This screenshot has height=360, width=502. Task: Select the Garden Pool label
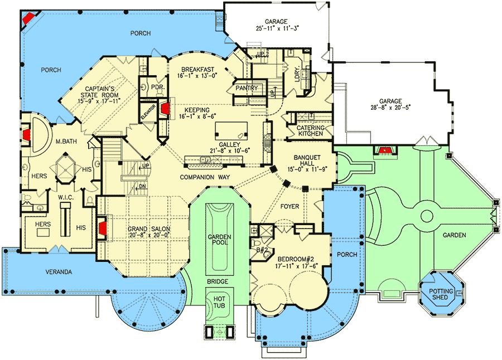pyautogui.click(x=219, y=240)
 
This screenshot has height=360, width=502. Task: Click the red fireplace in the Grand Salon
pyautogui.click(x=103, y=227)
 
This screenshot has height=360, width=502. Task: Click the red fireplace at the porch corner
pyautogui.click(x=27, y=18)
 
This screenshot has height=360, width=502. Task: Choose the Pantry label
pyautogui.click(x=245, y=88)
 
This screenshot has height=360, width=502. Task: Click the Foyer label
pyautogui.click(x=290, y=206)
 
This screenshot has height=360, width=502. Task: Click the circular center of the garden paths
pyautogui.click(x=427, y=216)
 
